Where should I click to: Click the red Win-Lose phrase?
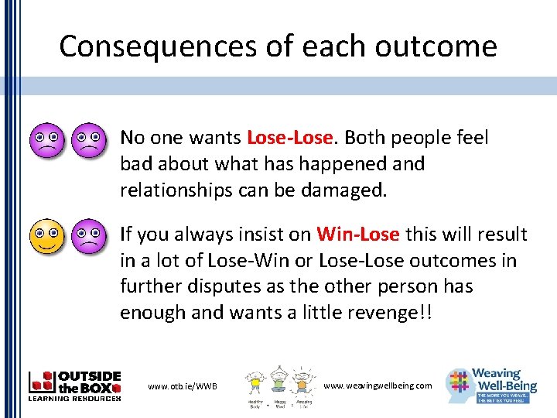click(x=357, y=235)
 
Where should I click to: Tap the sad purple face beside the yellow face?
click(x=88, y=235)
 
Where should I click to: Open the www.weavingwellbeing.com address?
click(x=378, y=385)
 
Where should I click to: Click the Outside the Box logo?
click(x=74, y=385)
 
